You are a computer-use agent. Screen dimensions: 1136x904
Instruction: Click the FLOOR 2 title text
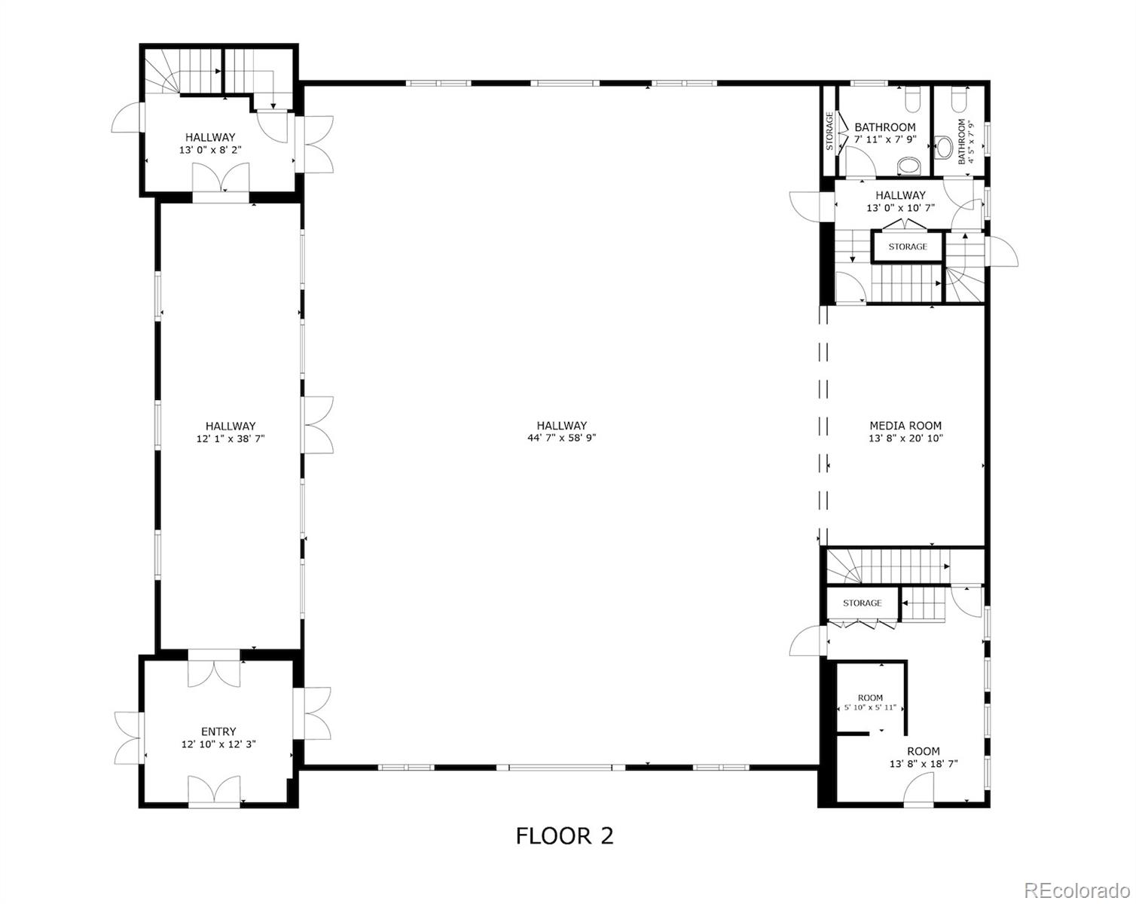564,836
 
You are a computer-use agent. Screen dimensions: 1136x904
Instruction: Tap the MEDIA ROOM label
905,426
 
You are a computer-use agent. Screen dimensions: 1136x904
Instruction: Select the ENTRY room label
218,731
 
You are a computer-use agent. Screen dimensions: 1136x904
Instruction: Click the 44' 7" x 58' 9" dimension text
562,438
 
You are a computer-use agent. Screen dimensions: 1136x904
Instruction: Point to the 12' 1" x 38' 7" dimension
231,438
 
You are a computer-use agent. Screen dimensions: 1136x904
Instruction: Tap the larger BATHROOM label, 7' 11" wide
884,127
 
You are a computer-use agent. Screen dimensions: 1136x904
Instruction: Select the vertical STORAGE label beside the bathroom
829,131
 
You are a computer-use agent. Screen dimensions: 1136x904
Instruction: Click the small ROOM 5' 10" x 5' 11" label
871,703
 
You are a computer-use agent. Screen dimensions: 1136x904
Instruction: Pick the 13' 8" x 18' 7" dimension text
924,764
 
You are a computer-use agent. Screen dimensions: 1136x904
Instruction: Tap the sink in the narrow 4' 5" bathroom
943,148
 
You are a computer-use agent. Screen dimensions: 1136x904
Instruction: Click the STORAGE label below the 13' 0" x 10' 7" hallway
908,246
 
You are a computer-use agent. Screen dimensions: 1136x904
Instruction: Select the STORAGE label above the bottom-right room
862,603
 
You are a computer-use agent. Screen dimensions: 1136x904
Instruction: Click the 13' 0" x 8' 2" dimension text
210,150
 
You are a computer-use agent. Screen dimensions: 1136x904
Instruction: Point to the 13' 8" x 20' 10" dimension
905,438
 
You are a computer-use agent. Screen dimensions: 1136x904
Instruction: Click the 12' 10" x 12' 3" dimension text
218,744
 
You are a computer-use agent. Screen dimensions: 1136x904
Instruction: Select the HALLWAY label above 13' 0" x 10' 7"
900,195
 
